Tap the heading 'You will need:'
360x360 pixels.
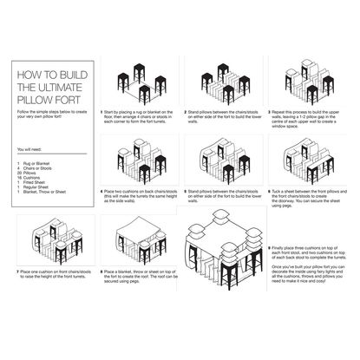tap(30, 151)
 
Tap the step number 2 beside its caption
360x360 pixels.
tap(186, 111)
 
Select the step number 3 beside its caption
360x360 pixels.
tap(267, 111)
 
